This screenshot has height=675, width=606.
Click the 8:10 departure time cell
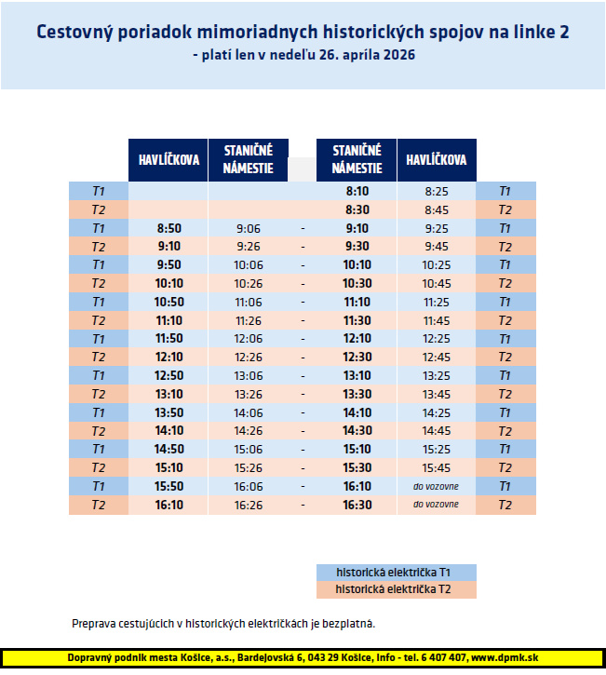pyautogui.click(x=357, y=191)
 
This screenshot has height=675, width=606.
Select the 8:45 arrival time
pyautogui.click(x=436, y=209)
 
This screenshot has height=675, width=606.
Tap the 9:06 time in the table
pyautogui.click(x=249, y=228)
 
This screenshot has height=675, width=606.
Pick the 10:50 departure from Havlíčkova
pyautogui.click(x=168, y=302)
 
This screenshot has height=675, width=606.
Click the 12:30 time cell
pyautogui.click(x=357, y=357)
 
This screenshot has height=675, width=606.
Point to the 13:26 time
pyautogui.click(x=249, y=394)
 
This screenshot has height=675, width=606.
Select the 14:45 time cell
pyautogui.click(x=436, y=430)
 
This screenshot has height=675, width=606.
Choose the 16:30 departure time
pyautogui.click(x=357, y=505)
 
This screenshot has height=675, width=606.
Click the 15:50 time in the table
pyautogui.click(x=168, y=486)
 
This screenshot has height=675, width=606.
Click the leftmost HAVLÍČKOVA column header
pyautogui.click(x=168, y=160)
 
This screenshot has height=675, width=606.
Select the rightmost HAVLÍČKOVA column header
pyautogui.click(x=436, y=160)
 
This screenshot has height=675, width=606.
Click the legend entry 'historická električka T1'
pyautogui.click(x=396, y=573)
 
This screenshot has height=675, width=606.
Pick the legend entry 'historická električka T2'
pyautogui.click(x=396, y=590)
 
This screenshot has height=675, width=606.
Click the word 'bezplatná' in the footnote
pyautogui.click(x=348, y=623)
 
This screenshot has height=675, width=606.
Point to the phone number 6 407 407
pyautogui.click(x=442, y=658)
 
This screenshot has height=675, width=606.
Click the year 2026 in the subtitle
pyautogui.click(x=397, y=55)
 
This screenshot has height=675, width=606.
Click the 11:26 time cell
pyautogui.click(x=249, y=320)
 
